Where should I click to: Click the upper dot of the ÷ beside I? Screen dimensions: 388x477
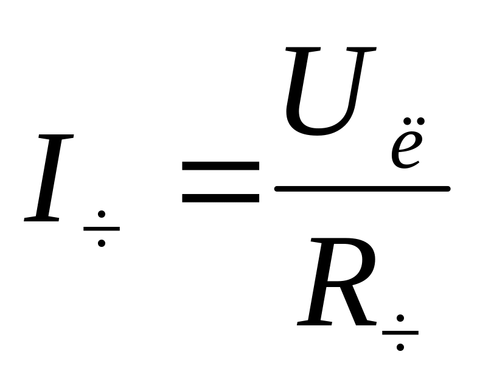[102, 214]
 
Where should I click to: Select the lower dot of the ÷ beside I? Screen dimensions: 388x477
[102, 243]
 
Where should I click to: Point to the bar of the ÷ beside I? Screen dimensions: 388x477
[102, 229]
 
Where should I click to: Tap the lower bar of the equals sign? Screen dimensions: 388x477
[221, 198]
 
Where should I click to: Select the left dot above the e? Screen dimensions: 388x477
[405, 120]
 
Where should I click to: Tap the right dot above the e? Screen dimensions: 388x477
[420, 120]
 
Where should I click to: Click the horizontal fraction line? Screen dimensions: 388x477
[362, 189]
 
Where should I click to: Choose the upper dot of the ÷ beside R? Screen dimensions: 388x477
[400, 317]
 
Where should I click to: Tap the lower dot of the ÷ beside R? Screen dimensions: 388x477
[400, 347]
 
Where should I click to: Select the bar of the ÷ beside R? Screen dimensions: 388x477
[400, 333]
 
